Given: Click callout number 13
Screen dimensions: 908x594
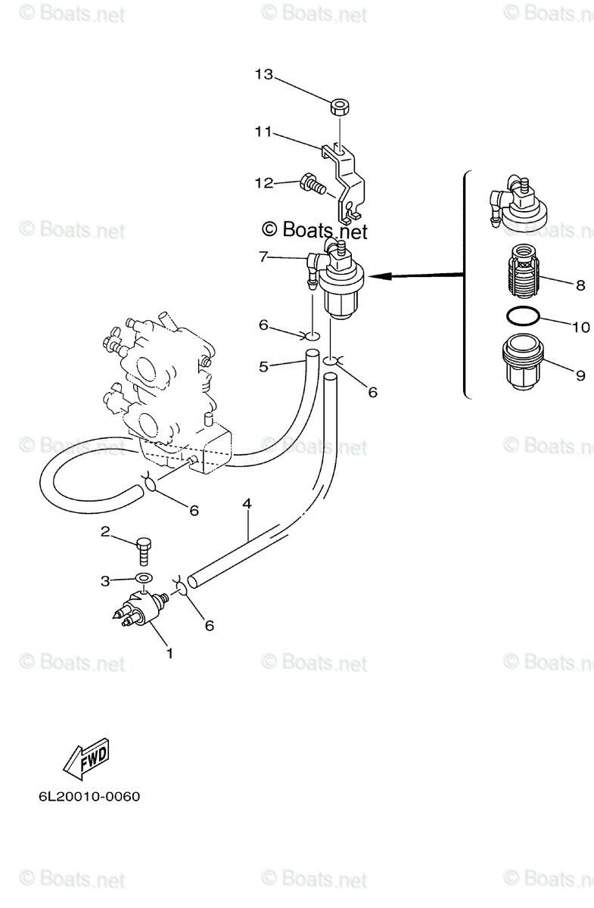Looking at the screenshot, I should [263, 75].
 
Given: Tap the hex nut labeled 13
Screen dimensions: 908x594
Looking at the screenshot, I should [340, 107].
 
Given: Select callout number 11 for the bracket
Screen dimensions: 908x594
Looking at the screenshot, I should [263, 131].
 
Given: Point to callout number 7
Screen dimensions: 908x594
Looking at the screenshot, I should [263, 257].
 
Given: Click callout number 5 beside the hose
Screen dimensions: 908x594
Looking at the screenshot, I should [263, 367].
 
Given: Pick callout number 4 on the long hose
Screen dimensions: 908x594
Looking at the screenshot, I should [247, 503].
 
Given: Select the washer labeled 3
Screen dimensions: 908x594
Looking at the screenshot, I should [142, 580].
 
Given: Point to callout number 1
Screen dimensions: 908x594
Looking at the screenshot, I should [169, 652].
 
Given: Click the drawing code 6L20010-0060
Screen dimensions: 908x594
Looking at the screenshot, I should [86, 798].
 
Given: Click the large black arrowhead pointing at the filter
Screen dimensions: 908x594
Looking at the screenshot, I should [383, 277].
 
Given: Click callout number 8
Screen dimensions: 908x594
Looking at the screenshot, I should [580, 285].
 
